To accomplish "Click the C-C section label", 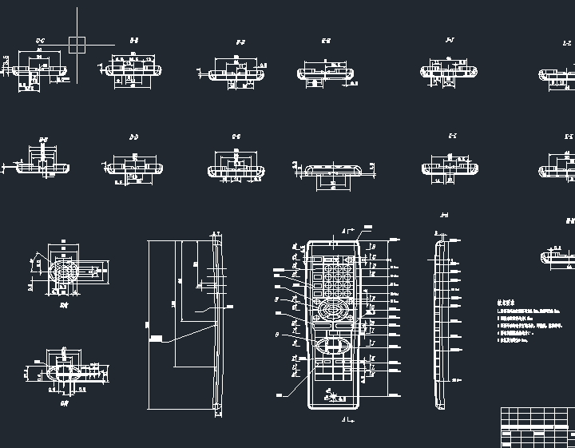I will pyautogui.click(x=40, y=39).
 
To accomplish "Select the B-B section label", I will pyautogui.click(x=134, y=39).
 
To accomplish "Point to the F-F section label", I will pyautogui.click(x=240, y=41).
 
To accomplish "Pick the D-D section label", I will pyautogui.click(x=134, y=137).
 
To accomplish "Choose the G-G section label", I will pyautogui.click(x=236, y=137).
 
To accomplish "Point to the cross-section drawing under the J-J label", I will pyautogui.click(x=448, y=72).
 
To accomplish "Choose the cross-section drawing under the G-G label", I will pyautogui.click(x=236, y=170).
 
